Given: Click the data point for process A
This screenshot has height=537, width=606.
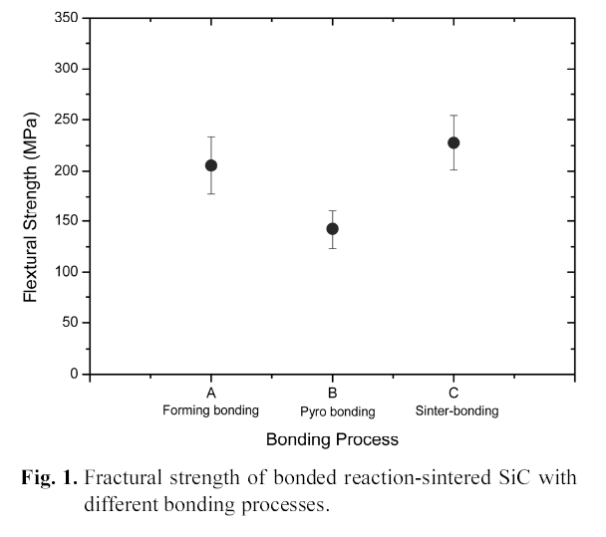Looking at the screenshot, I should (x=211, y=165).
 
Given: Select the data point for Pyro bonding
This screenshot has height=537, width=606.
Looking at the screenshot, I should (x=332, y=229).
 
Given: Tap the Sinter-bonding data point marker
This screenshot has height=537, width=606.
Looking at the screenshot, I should (x=454, y=142).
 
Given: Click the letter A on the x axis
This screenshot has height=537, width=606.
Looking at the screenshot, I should (x=211, y=394).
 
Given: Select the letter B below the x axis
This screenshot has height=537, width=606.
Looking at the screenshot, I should (x=333, y=394).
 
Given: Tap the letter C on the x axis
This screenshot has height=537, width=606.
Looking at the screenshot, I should (x=454, y=394).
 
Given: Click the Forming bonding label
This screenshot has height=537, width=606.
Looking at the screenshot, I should (x=211, y=410).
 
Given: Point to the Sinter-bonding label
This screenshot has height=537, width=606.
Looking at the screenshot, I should (x=456, y=410).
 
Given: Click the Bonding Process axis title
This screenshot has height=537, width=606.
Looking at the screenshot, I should (x=332, y=438).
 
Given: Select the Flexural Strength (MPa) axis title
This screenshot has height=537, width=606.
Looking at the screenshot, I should (x=32, y=197).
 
